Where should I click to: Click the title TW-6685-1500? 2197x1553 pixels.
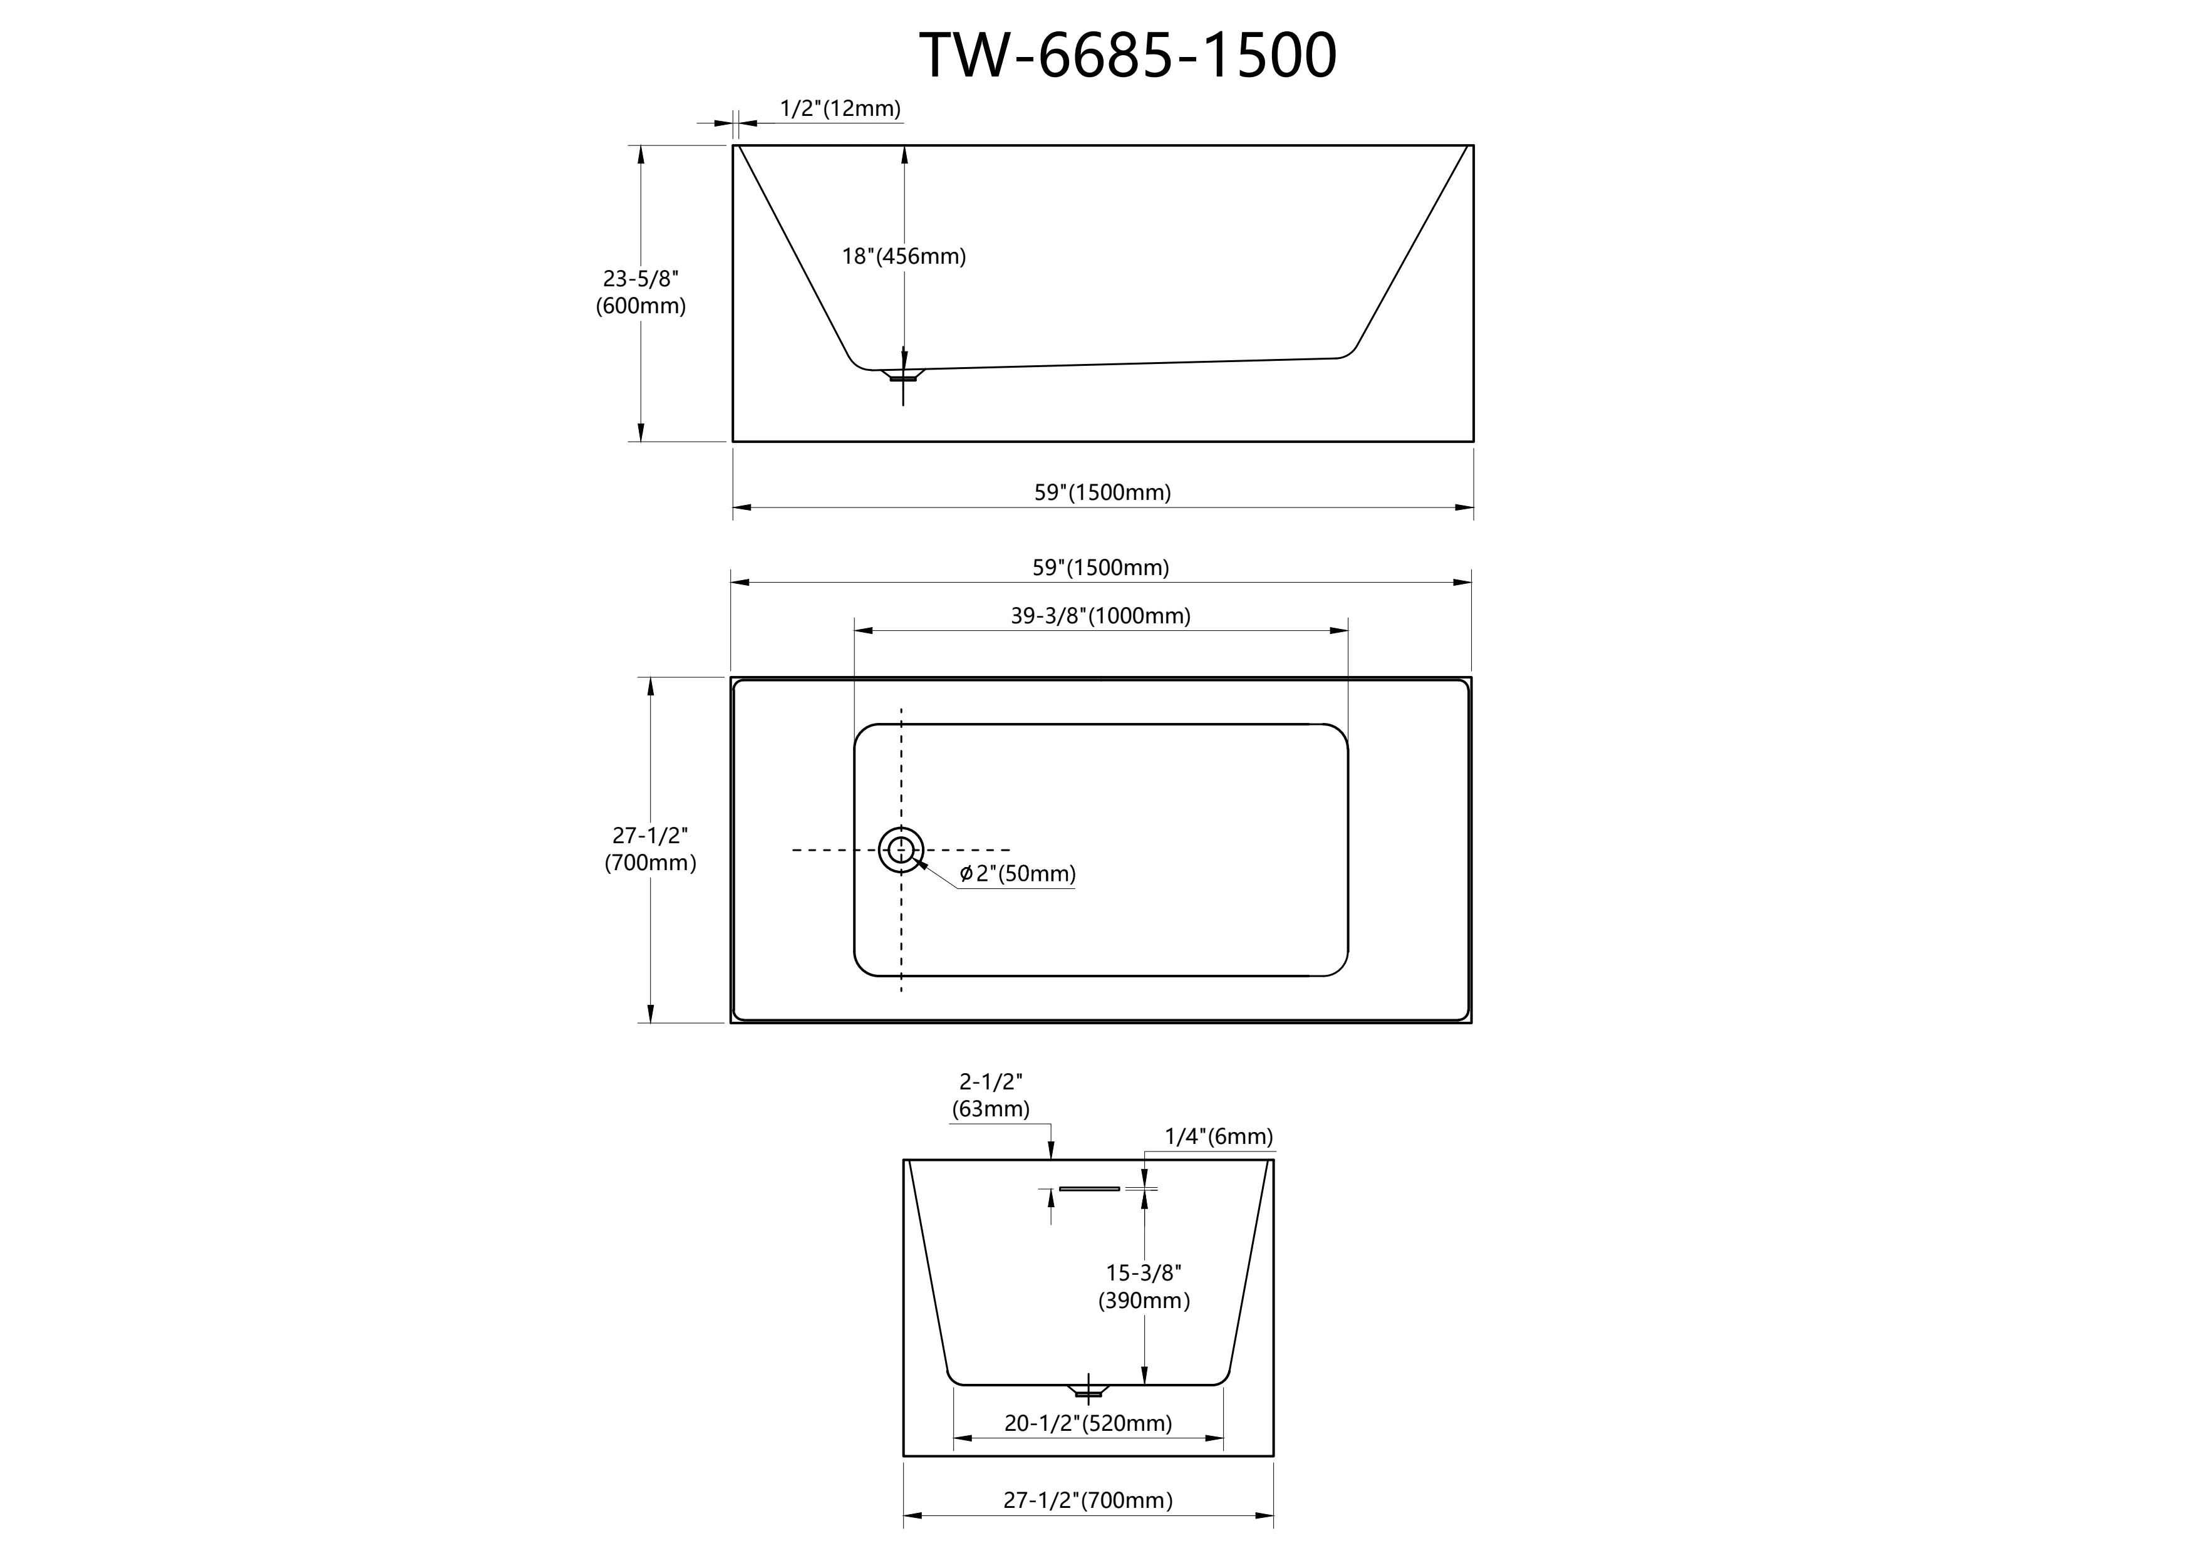tap(1128, 56)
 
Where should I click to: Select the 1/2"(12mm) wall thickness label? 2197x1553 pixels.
tap(840, 108)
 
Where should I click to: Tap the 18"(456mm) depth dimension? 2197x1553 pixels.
tap(903, 256)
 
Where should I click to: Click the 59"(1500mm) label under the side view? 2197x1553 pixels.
tap(1102, 492)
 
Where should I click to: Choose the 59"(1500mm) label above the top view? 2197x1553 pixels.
tap(1100, 568)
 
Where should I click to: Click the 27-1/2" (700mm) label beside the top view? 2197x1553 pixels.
tap(651, 849)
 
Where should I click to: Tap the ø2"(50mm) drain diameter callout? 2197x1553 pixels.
tap(1017, 874)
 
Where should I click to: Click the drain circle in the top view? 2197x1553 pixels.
tap(901, 828)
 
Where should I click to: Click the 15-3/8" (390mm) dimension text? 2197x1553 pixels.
tap(1144, 1286)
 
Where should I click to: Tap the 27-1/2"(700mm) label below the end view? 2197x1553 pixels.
tap(1088, 1500)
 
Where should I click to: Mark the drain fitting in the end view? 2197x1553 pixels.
tap(1088, 1390)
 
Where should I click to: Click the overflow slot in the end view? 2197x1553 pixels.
tap(1089, 1188)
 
